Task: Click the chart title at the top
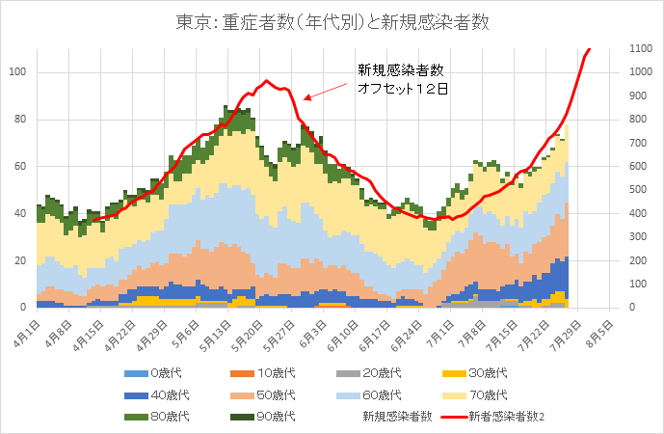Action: pyautogui.click(x=332, y=21)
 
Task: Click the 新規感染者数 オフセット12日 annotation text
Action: pyautogui.click(x=400, y=78)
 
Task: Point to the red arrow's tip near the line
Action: pyautogui.click(x=305, y=98)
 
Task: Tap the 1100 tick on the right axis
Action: pyautogui.click(x=641, y=49)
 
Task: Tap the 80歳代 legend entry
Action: pyautogui.click(x=158, y=416)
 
